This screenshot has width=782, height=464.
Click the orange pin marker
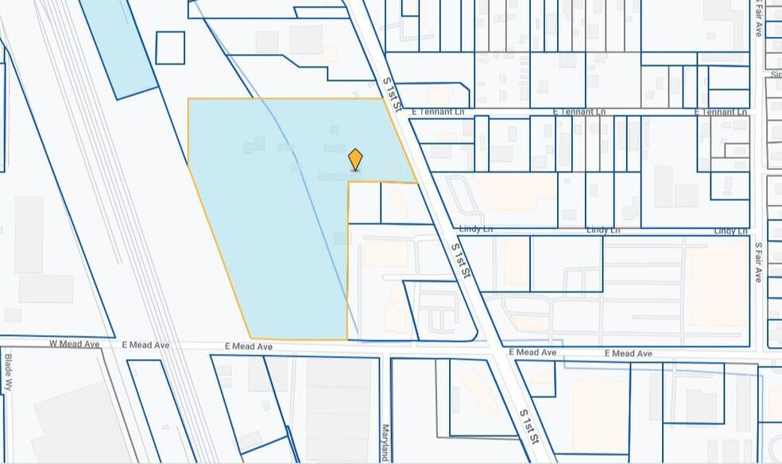coord(355,159)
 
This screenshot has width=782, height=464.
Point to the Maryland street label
coord(384,442)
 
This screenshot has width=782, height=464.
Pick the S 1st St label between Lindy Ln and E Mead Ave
coord(461,260)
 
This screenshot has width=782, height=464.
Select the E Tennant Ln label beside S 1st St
coord(437,112)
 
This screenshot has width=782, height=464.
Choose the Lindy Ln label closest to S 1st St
coord(476,229)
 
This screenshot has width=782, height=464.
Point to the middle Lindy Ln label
coord(603,230)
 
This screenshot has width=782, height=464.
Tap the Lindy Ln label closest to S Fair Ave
coord(730,230)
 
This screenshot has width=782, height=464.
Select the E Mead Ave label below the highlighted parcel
coord(248,347)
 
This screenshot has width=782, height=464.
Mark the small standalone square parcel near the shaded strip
coord(170,48)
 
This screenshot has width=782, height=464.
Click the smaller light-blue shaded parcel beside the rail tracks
coord(117,44)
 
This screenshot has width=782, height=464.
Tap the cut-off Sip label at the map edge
coord(776,74)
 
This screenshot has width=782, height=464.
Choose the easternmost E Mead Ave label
coord(628,353)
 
